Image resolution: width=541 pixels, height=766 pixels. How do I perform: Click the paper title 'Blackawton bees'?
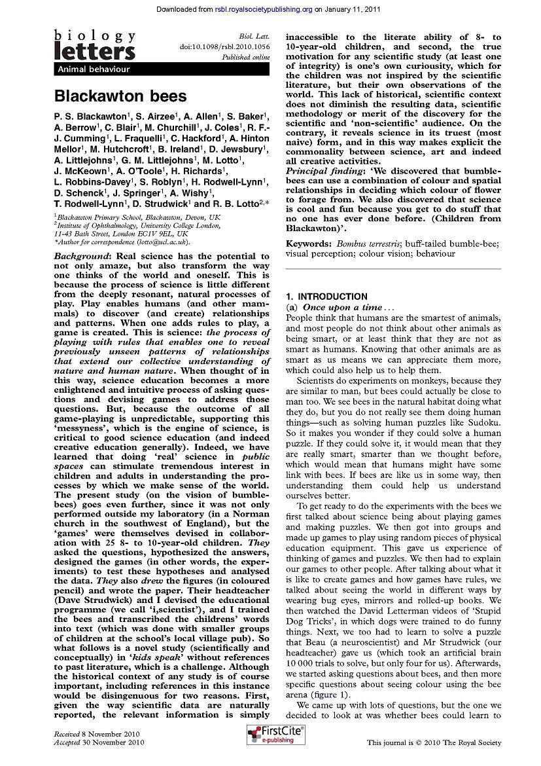tap(120, 96)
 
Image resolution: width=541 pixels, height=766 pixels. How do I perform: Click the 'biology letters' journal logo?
tap(95, 46)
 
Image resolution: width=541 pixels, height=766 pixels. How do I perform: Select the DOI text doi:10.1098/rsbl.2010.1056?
tap(224, 48)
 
